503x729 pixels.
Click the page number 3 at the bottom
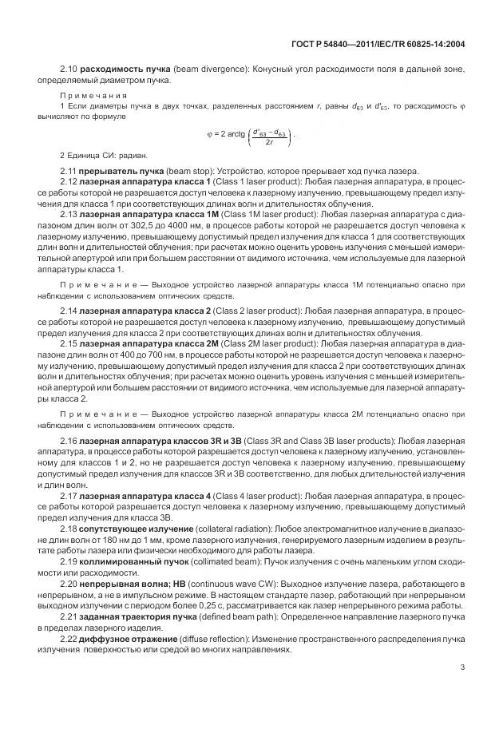pyautogui.click(x=462, y=690)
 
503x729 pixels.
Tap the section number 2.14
pyautogui.click(x=69, y=308)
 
